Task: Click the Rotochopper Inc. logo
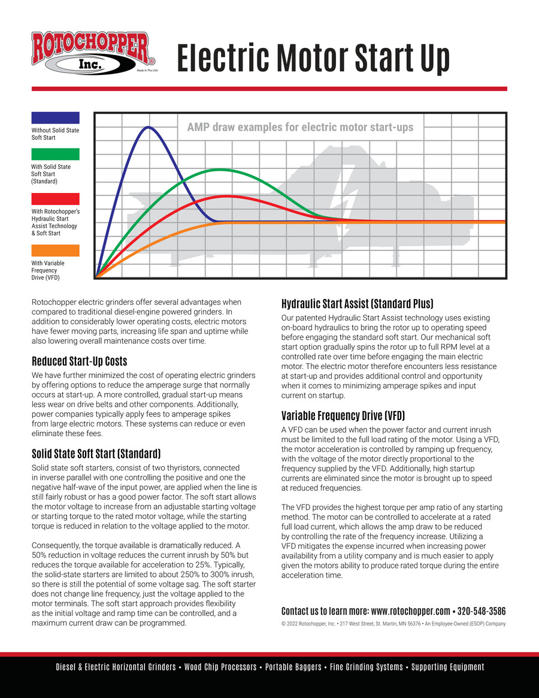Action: pyautogui.click(x=93, y=53)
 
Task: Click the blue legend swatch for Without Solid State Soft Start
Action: pyautogui.click(x=55, y=117)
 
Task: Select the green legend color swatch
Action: pyautogui.click(x=55, y=154)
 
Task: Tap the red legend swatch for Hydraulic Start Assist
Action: pyautogui.click(x=55, y=199)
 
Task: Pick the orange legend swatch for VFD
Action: pyautogui.click(x=55, y=250)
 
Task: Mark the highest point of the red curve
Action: pyautogui.click(x=227, y=196)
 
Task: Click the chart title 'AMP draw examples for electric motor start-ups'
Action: pyautogui.click(x=300, y=127)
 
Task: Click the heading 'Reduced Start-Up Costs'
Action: pyautogui.click(x=79, y=361)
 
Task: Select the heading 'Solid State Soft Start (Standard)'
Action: pyautogui.click(x=95, y=452)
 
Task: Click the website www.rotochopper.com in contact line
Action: pyautogui.click(x=410, y=611)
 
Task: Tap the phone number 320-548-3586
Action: pyautogui.click(x=482, y=611)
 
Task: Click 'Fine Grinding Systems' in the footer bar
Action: pyautogui.click(x=367, y=667)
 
